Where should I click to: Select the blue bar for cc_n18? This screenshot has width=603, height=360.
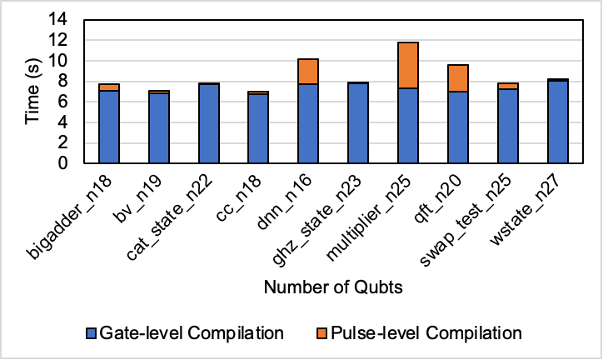pos(258,128)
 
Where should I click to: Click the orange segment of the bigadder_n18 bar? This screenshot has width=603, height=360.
pos(109,87)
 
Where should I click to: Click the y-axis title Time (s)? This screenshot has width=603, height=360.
pos(31,92)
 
